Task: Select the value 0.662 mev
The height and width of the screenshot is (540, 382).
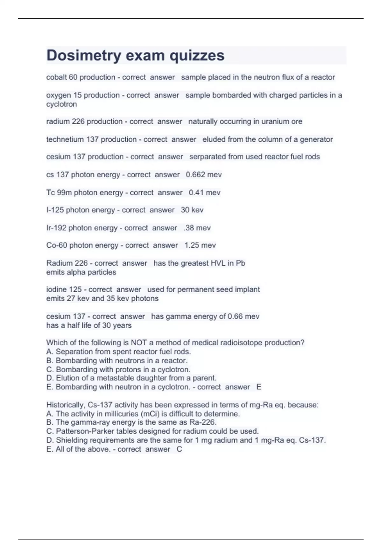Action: click(x=204, y=175)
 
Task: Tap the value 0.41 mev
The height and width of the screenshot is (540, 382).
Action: click(x=204, y=192)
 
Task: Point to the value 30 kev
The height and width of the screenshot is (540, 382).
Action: click(x=192, y=210)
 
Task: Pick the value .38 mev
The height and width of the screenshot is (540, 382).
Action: click(x=197, y=228)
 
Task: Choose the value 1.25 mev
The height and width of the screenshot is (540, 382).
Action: click(x=200, y=245)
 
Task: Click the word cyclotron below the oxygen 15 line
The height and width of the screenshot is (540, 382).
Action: click(x=61, y=104)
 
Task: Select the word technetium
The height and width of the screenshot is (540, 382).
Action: click(x=65, y=139)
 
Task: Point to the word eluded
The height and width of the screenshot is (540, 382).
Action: click(x=213, y=139)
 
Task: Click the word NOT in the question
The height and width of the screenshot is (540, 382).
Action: click(x=139, y=343)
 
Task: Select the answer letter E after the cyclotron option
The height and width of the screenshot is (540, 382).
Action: click(x=259, y=387)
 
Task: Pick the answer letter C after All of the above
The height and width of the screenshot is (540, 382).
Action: click(x=179, y=449)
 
